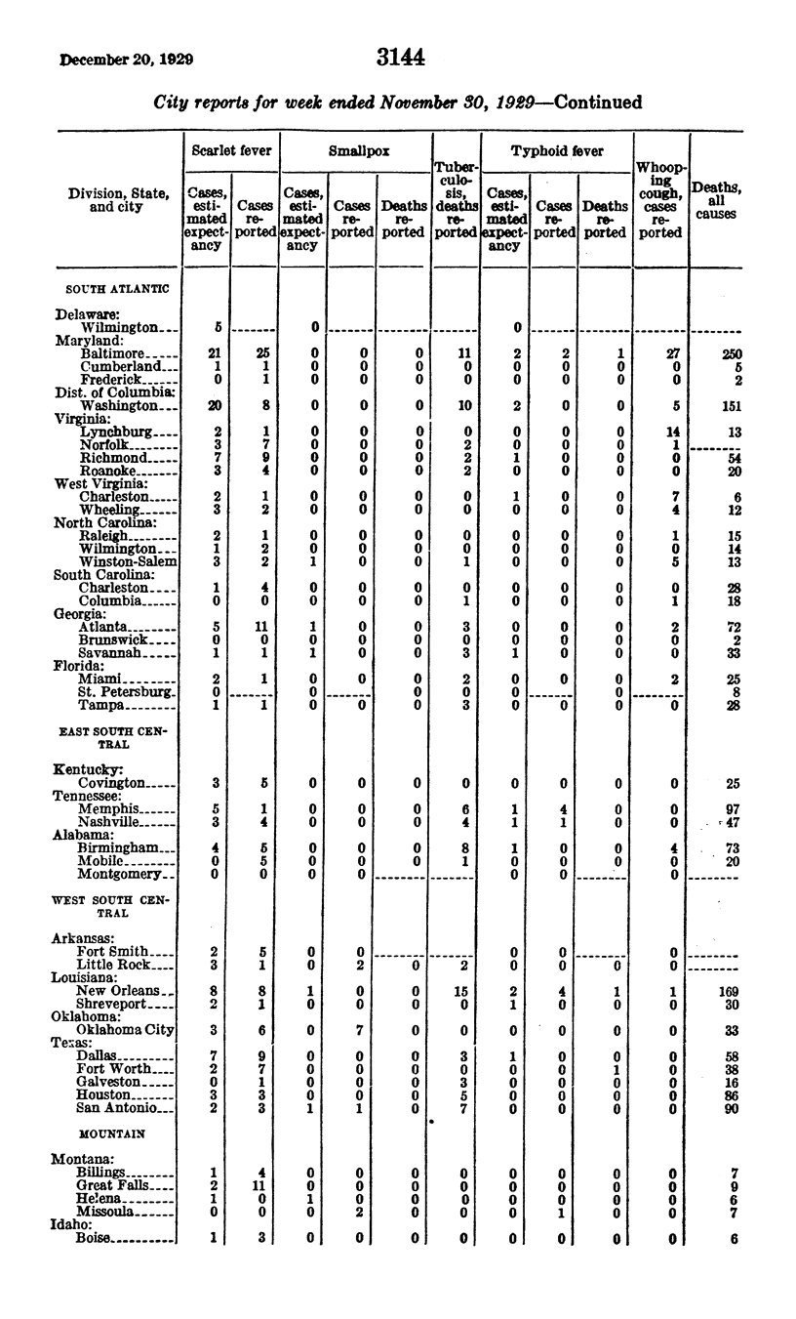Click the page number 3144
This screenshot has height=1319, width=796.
(x=401, y=58)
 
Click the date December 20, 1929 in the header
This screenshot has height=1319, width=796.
(x=126, y=59)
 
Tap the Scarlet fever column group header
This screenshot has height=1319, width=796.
(x=230, y=151)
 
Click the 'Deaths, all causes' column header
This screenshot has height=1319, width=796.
(x=715, y=200)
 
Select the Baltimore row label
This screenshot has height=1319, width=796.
(x=113, y=352)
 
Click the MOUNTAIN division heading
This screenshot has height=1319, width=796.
(x=112, y=1134)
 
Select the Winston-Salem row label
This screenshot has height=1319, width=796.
(x=129, y=561)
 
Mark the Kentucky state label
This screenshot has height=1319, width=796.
(x=88, y=770)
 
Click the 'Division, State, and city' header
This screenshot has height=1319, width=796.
(x=119, y=200)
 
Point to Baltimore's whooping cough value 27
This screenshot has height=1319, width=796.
(x=660, y=352)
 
